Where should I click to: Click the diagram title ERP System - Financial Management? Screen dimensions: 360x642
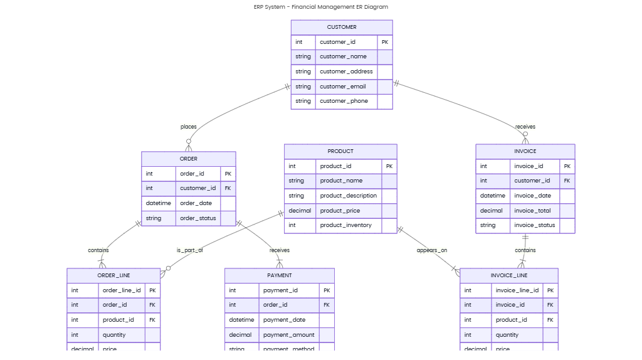click(x=320, y=7)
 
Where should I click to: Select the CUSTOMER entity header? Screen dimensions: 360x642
click(x=341, y=27)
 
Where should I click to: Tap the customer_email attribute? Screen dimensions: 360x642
click(x=343, y=87)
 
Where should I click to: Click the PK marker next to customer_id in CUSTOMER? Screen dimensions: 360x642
click(x=384, y=42)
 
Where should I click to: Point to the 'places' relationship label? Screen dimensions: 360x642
click(x=188, y=127)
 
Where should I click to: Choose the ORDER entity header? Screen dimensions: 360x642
click(x=188, y=159)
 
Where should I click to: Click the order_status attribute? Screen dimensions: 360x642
click(x=197, y=218)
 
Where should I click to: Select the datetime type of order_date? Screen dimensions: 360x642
click(x=159, y=203)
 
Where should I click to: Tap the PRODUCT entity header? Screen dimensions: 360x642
click(x=340, y=151)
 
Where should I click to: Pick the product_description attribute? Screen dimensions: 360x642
click(x=348, y=196)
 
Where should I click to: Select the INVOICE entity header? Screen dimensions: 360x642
click(x=525, y=151)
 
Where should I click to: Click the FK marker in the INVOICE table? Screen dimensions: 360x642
click(x=567, y=181)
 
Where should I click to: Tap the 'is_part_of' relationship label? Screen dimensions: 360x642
click(x=189, y=250)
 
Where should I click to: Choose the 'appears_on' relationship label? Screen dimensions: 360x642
click(x=432, y=250)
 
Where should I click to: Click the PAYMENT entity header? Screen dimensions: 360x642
click(x=279, y=275)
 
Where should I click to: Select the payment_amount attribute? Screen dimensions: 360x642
click(x=288, y=335)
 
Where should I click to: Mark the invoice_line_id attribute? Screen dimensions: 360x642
click(x=517, y=290)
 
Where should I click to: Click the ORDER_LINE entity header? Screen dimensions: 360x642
click(x=113, y=275)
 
